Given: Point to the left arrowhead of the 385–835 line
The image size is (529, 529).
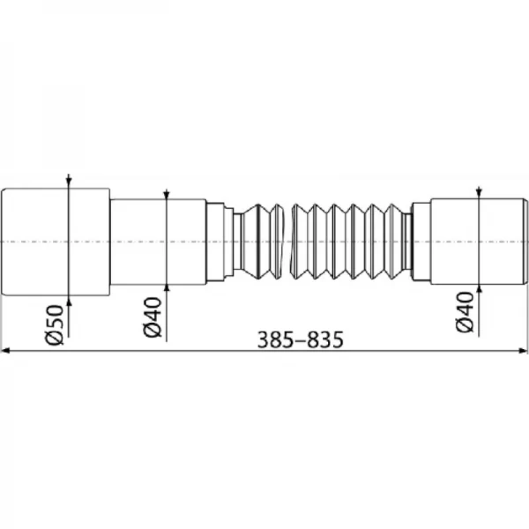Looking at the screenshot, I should pyautogui.click(x=6, y=351).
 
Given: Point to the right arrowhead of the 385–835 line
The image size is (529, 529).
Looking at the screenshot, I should pyautogui.click(x=523, y=351).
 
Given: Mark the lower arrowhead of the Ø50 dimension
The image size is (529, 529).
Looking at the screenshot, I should pyautogui.click(x=68, y=298).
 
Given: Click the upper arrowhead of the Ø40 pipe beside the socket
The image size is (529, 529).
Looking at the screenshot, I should pyautogui.click(x=165, y=195).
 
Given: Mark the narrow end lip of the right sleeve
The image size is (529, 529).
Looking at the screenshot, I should pyautogui.click(x=525, y=241).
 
